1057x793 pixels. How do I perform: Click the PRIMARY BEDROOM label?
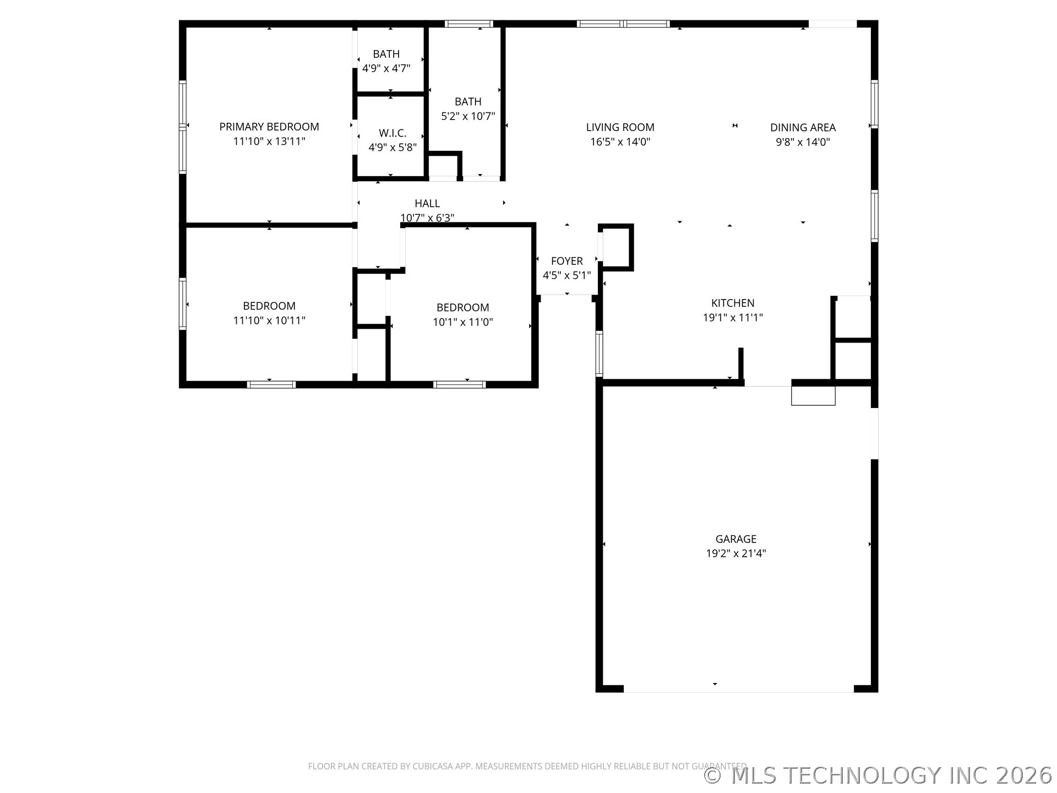[269, 127]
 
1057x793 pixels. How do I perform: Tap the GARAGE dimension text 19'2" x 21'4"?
[735, 553]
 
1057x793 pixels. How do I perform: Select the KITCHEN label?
[732, 303]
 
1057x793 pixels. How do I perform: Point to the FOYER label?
[566, 261]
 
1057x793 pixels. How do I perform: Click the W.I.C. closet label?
[392, 133]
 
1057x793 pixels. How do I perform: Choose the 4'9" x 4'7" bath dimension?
[386, 68]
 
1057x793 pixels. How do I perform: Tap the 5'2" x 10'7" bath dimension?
[468, 116]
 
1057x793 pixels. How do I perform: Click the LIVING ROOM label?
[620, 127]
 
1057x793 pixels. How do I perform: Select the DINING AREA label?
[802, 127]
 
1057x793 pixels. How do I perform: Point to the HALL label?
[427, 203]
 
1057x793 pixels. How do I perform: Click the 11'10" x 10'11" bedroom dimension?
[269, 321]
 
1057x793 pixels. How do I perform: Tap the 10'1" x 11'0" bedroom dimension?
[462, 322]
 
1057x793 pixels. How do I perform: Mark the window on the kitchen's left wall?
[600, 354]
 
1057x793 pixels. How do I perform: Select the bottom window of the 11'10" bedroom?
[271, 384]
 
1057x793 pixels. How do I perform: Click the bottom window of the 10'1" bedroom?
[459, 384]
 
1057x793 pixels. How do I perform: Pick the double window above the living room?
[623, 24]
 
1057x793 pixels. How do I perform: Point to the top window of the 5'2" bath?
[468, 24]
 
